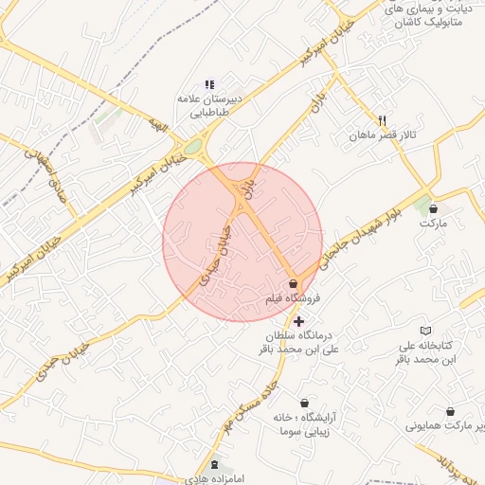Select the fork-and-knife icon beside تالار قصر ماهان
[x=382, y=120]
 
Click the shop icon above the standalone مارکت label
[x=433, y=207]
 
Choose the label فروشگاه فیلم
[x=293, y=298]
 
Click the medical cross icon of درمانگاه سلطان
[x=299, y=322]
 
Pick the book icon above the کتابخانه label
[x=426, y=330]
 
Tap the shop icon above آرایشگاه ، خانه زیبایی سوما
[x=303, y=404]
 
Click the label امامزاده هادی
[x=214, y=480]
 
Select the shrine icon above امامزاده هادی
[x=214, y=465]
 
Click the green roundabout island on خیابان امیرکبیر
[x=194, y=147]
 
